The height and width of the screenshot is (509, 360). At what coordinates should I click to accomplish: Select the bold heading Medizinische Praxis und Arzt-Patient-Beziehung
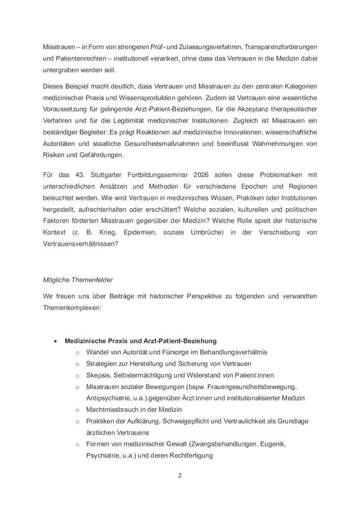140,341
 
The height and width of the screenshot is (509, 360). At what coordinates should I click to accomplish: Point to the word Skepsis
98,375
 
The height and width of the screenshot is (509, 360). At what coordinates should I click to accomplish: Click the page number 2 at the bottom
179,475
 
